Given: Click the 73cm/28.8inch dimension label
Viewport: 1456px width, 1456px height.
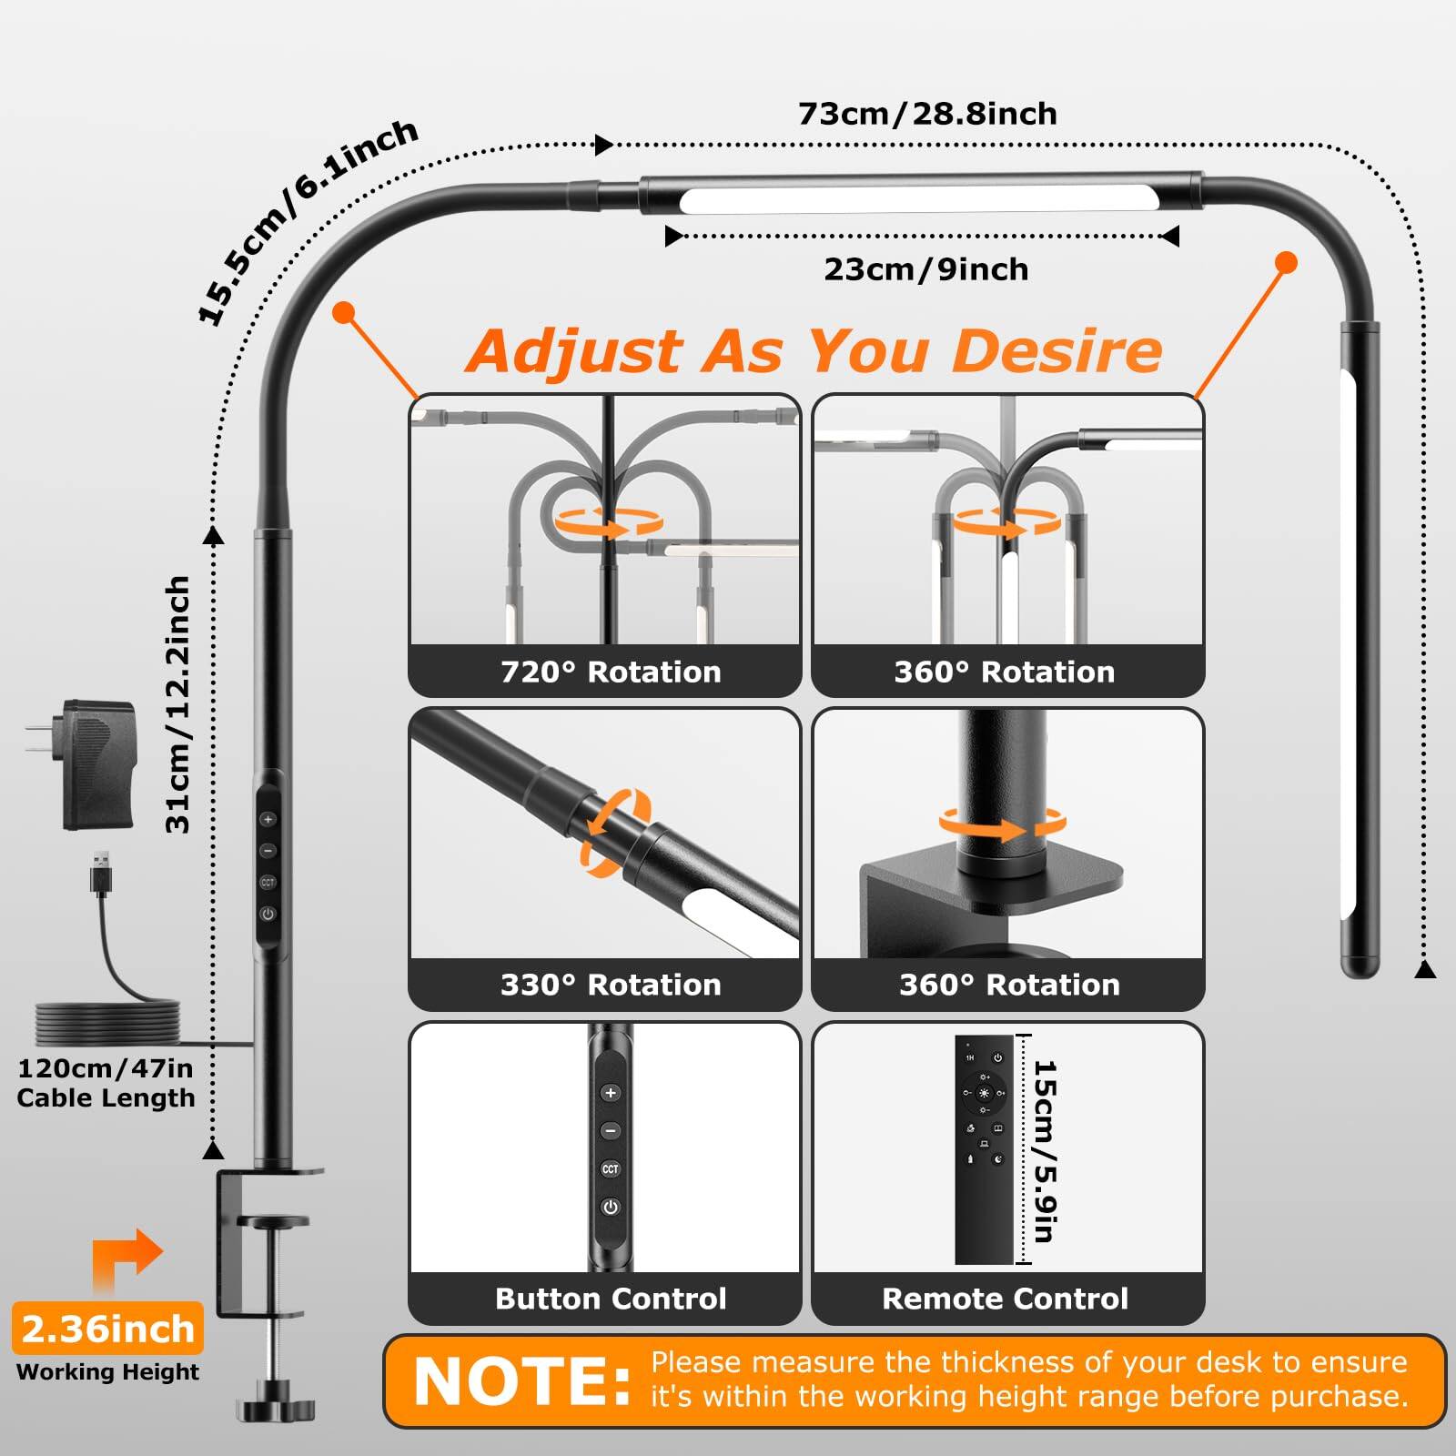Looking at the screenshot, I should point(926,114).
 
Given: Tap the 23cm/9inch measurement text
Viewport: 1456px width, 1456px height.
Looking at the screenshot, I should point(925,269).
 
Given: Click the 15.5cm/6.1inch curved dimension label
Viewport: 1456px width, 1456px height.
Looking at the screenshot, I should point(307,221).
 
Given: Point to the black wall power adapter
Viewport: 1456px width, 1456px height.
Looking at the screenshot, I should point(99,764).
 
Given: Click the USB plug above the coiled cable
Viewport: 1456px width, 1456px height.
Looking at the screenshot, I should point(102,874).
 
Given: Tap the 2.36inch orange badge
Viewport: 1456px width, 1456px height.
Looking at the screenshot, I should point(107,1329).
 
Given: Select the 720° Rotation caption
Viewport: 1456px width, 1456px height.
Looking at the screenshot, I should point(610,672).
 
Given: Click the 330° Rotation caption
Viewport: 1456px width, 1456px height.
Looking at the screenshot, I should point(610,985).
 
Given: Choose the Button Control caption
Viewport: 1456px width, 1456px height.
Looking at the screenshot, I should point(610,1299).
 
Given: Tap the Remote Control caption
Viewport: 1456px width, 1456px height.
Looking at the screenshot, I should point(1005,1299).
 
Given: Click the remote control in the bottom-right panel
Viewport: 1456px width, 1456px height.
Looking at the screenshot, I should point(983,1148).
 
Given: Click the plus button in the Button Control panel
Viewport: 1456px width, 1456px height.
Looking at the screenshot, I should point(610,1093).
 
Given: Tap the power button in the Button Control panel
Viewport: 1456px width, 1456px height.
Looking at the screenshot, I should point(610,1208).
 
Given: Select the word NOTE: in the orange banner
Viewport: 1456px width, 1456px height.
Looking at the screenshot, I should point(522,1381).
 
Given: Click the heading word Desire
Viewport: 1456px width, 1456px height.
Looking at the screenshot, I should point(1057,351).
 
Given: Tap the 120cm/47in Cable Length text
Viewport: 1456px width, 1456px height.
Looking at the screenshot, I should point(106,1083).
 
